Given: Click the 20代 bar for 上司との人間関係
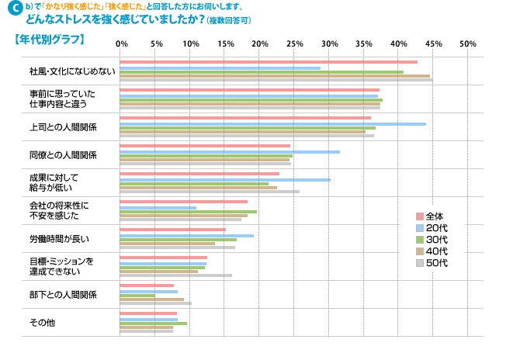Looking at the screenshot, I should [x=272, y=124].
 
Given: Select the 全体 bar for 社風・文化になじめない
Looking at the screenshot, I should [x=269, y=62].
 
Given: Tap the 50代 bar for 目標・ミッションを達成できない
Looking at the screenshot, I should [x=175, y=275].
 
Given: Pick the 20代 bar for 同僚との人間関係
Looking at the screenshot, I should [x=230, y=152].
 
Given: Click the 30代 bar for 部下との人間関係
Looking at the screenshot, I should [x=137, y=296].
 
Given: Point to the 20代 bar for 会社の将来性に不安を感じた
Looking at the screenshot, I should [x=158, y=208].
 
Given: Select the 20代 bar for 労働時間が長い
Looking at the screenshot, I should [x=187, y=236].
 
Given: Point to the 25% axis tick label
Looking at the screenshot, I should [x=294, y=44].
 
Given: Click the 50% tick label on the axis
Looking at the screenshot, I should [x=468, y=44].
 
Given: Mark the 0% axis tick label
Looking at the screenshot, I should [x=122, y=44].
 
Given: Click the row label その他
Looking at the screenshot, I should [x=42, y=322].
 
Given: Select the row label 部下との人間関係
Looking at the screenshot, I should [x=63, y=294].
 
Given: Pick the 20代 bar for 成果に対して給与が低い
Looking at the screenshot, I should [x=225, y=180].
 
